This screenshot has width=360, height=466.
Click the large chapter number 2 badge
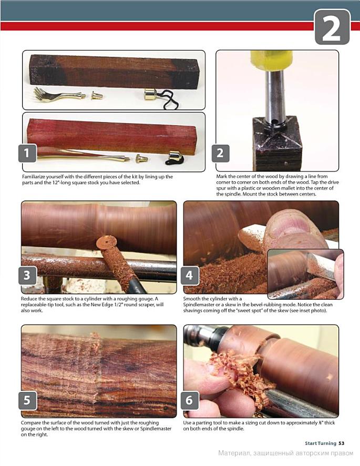[332, 27]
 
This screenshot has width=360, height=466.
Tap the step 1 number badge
[28, 153]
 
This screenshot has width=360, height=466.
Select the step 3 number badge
[28, 275]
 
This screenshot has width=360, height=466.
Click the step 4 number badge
[190, 275]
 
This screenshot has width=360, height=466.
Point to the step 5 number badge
[28, 400]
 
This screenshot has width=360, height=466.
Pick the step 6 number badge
[190, 400]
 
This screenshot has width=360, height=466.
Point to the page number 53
[341, 443]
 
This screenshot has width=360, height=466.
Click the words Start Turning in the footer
[321, 443]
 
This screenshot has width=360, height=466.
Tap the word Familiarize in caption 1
[34, 177]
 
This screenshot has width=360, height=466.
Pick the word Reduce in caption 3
[28, 299]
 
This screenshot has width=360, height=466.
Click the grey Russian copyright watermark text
[286, 453]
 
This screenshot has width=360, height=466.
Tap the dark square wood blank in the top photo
[114, 72]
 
